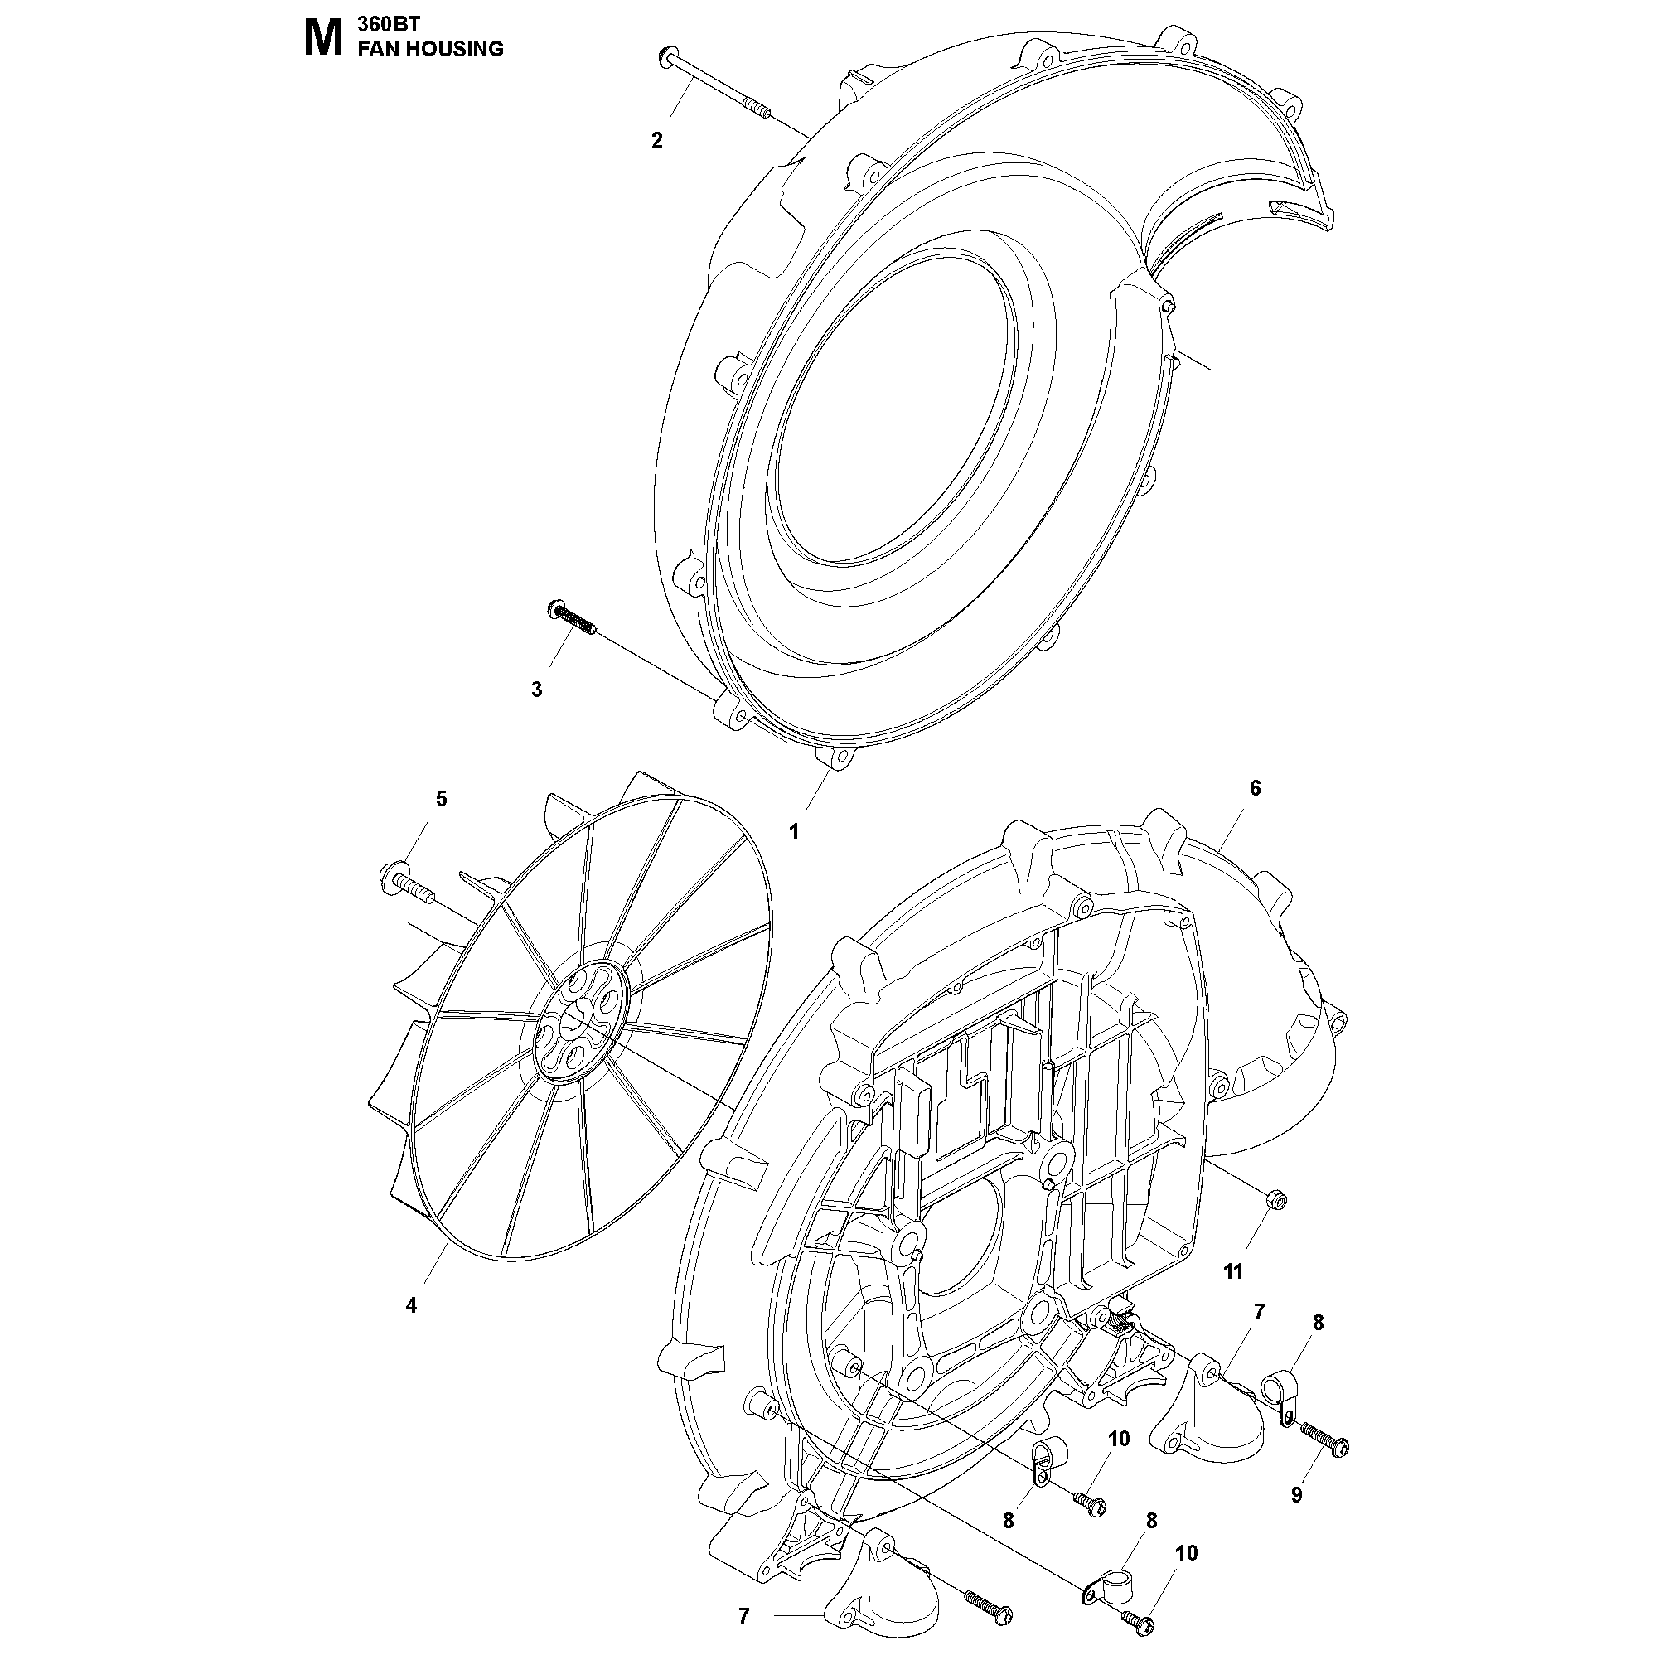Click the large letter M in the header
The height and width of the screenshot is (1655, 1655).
point(324,39)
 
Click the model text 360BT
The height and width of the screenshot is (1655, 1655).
point(385,26)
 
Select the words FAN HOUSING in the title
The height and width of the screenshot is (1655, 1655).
point(430,49)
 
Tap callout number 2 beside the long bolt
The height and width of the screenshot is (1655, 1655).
point(657,141)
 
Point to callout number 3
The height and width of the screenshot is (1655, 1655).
point(537,690)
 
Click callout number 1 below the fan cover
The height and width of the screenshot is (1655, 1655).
point(794,831)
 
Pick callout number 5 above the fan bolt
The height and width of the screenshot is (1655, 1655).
point(441,798)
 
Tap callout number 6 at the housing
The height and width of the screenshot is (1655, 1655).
point(1255,787)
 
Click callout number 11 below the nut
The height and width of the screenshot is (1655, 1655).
point(1233,1272)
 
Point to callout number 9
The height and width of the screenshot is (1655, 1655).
point(1296,1495)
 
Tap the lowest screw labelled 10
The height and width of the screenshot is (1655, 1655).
point(1137,1619)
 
